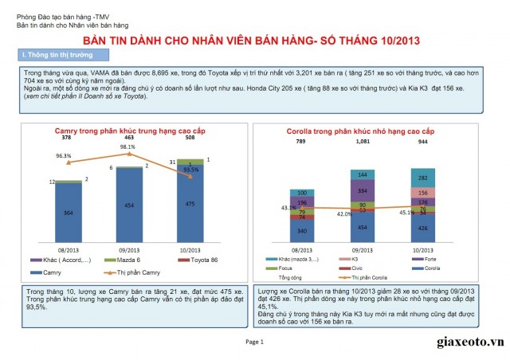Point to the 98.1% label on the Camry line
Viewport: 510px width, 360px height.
[x=127, y=147]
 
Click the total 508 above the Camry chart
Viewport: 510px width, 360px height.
[x=190, y=138]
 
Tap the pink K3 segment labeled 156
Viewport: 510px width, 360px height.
[x=422, y=193]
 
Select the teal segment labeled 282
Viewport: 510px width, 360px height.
[x=422, y=178]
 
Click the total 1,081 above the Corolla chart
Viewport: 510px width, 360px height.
[x=363, y=141]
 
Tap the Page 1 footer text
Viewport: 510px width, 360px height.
[x=254, y=341]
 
